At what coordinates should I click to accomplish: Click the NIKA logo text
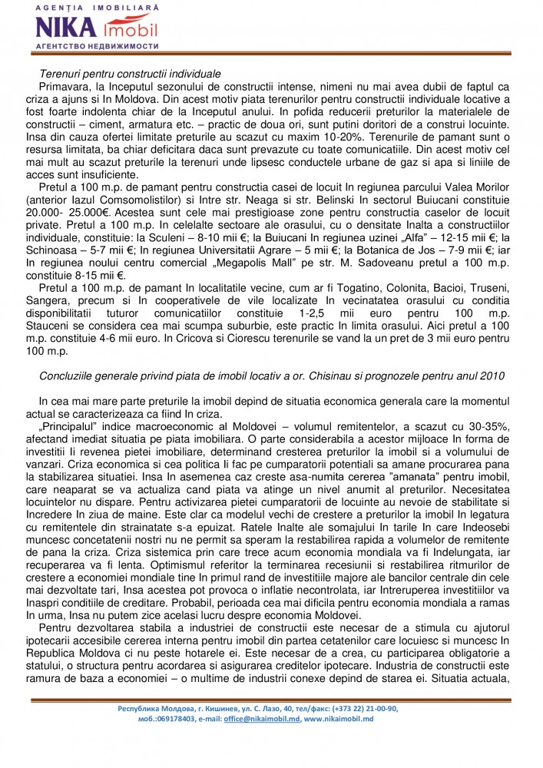(65, 29)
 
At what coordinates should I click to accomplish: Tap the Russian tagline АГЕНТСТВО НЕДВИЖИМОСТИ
(97, 46)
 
